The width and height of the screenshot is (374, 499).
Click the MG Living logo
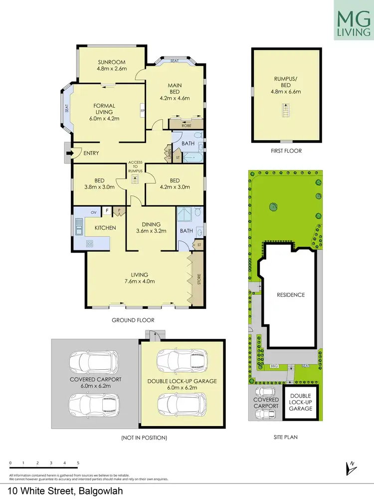(353, 20)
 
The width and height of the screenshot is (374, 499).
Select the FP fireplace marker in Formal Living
(143, 111)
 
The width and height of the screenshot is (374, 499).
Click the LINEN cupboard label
(170, 153)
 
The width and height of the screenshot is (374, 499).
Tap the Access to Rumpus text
(135, 167)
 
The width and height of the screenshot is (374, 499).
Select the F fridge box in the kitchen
(107, 212)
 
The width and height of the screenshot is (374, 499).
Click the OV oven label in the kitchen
(93, 213)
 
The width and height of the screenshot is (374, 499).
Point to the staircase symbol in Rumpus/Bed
(286, 109)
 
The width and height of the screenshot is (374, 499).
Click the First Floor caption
(286, 150)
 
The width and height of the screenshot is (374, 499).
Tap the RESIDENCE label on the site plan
(291, 295)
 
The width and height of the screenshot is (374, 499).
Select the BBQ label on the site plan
(273, 366)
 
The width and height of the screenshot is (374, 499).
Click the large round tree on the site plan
(273, 206)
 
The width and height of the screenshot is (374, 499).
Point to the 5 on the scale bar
(78, 463)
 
